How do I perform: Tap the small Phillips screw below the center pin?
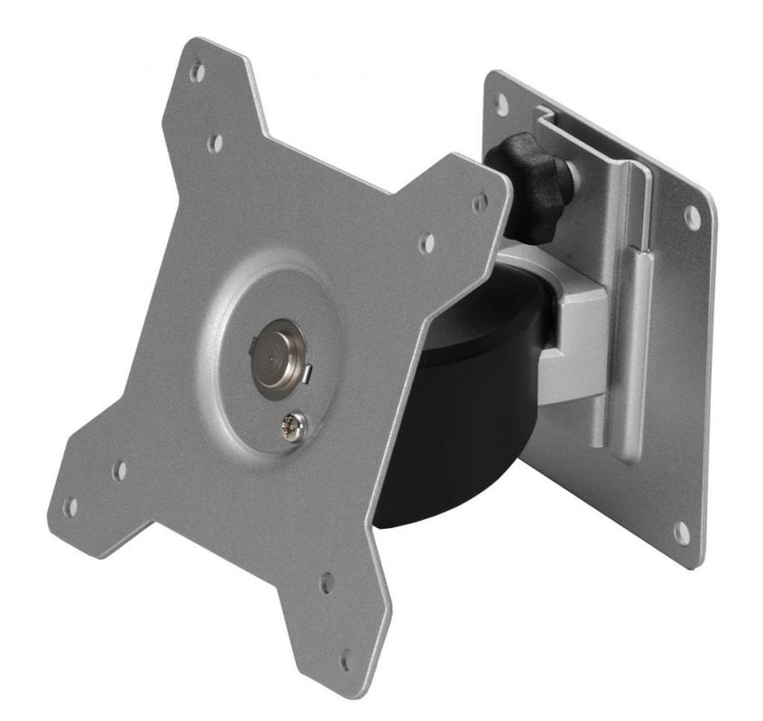point(294,422)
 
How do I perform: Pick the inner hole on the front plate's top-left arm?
point(215,142)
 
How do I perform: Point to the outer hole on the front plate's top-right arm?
point(480,203)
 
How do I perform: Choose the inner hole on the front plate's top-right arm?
point(427,242)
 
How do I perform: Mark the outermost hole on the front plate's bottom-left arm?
point(69,507)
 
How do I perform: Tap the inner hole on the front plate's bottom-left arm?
point(119,470)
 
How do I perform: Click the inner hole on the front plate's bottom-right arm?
point(327,582)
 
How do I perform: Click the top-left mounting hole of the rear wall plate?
point(501,105)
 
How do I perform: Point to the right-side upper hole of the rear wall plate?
point(692,216)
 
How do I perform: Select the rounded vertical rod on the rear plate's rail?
point(636,351)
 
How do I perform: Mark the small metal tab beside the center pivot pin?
point(308,370)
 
